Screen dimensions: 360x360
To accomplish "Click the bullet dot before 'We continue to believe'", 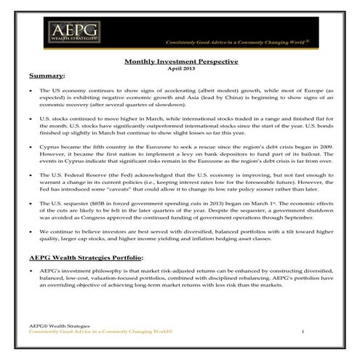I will (31, 231).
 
